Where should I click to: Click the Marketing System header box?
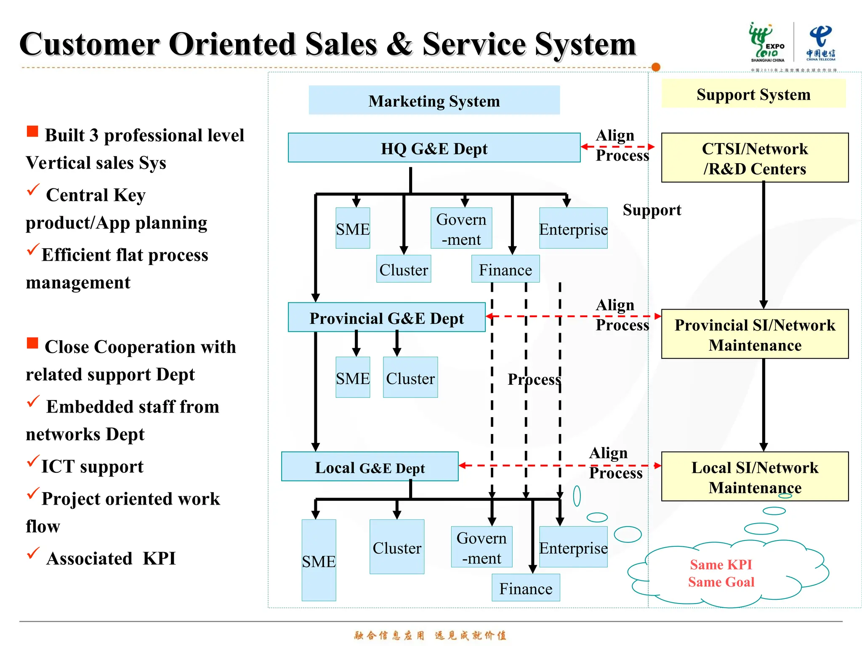(434, 101)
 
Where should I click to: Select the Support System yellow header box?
(753, 94)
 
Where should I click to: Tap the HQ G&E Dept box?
(434, 148)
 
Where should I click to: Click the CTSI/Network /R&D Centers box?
(754, 158)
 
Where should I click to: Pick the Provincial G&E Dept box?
(386, 318)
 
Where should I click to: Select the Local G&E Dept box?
(370, 467)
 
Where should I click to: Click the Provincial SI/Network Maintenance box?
(754, 334)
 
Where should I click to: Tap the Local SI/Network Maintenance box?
(754, 477)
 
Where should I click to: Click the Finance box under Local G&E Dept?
(525, 588)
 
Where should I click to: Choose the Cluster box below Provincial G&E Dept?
(410, 378)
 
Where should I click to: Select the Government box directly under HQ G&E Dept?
(461, 228)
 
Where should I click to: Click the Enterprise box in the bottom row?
(573, 547)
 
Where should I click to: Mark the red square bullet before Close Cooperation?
(32, 343)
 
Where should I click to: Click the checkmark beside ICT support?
(33, 461)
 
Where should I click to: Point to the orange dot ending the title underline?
(655, 67)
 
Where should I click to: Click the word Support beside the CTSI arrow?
(652, 210)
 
